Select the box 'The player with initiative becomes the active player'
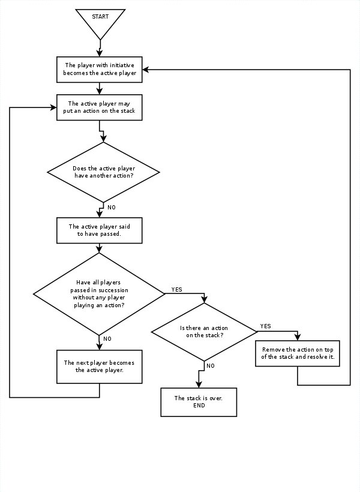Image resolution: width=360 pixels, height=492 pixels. tap(99, 70)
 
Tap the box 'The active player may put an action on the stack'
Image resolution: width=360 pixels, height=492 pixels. tap(99, 107)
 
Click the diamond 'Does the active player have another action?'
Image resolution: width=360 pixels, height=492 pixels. tap(103, 172)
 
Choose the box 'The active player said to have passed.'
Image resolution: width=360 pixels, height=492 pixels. tap(99, 230)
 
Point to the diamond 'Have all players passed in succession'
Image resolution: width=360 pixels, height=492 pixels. tap(99, 293)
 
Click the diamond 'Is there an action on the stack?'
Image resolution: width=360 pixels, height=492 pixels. tap(204, 331)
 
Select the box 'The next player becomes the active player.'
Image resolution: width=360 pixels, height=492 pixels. tap(99, 367)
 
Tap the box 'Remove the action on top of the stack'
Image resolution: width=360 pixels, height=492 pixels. tap(298, 353)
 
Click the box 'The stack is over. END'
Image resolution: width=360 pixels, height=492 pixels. tap(199, 402)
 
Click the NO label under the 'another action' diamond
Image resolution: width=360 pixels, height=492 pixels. tap(112, 207)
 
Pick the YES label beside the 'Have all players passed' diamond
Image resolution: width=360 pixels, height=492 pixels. tap(176, 289)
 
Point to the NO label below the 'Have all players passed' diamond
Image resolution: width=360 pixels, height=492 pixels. tap(107, 339)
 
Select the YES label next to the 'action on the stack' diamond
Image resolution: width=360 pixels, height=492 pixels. tap(265, 326)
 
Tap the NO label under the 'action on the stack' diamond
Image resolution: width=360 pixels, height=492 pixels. tap(210, 365)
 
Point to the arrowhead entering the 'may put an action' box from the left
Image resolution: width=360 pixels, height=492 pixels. tap(53, 107)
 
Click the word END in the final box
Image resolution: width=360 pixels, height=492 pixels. tap(199, 406)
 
